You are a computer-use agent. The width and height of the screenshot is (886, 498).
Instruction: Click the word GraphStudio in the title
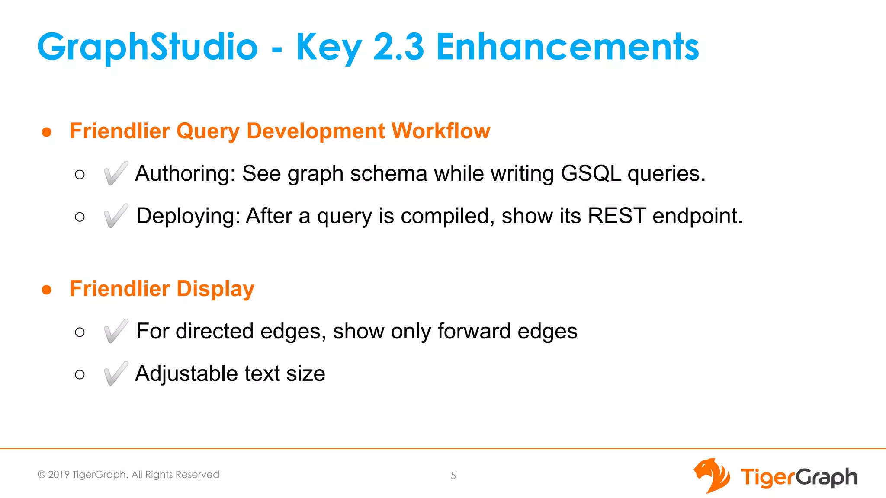point(148,48)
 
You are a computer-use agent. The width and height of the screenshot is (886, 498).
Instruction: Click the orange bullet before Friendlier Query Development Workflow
point(47,132)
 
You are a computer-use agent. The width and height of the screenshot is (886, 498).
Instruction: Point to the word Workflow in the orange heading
point(440,131)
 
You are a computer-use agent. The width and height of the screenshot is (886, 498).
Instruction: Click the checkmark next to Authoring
point(116,173)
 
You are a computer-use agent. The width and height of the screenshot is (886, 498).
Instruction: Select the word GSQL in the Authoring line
point(591,173)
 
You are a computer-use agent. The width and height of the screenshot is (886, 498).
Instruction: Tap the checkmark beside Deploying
point(116,216)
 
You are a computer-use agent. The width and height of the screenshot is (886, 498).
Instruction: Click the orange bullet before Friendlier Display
point(47,290)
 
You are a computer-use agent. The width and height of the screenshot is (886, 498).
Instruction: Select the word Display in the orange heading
point(215,289)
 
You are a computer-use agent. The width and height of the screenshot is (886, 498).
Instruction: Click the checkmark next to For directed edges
point(116,331)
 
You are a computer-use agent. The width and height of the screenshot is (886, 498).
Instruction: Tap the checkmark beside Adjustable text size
point(116,373)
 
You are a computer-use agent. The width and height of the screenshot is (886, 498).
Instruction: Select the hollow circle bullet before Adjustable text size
point(80,374)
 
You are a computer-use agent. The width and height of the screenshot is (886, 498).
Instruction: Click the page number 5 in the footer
point(453,476)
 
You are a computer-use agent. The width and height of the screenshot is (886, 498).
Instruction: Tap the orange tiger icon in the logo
point(711,476)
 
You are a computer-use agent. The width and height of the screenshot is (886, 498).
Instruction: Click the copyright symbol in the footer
point(42,475)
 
